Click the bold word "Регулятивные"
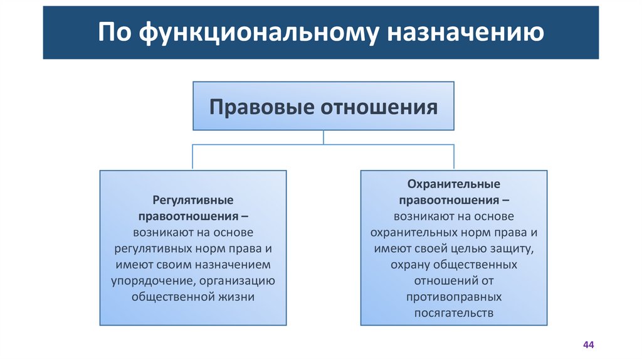pyautogui.click(x=193, y=199)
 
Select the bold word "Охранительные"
pyautogui.click(x=453, y=184)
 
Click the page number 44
pyautogui.click(x=588, y=346)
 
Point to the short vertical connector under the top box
pyautogui.click(x=323, y=137)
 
